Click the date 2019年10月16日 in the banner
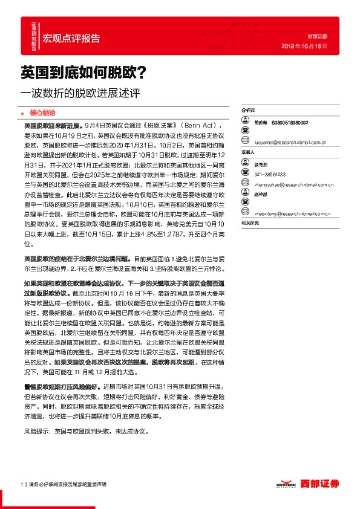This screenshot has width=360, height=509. pos(305,46)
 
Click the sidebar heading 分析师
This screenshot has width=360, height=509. pos(248,111)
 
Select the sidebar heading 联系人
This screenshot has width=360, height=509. pos(248,152)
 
